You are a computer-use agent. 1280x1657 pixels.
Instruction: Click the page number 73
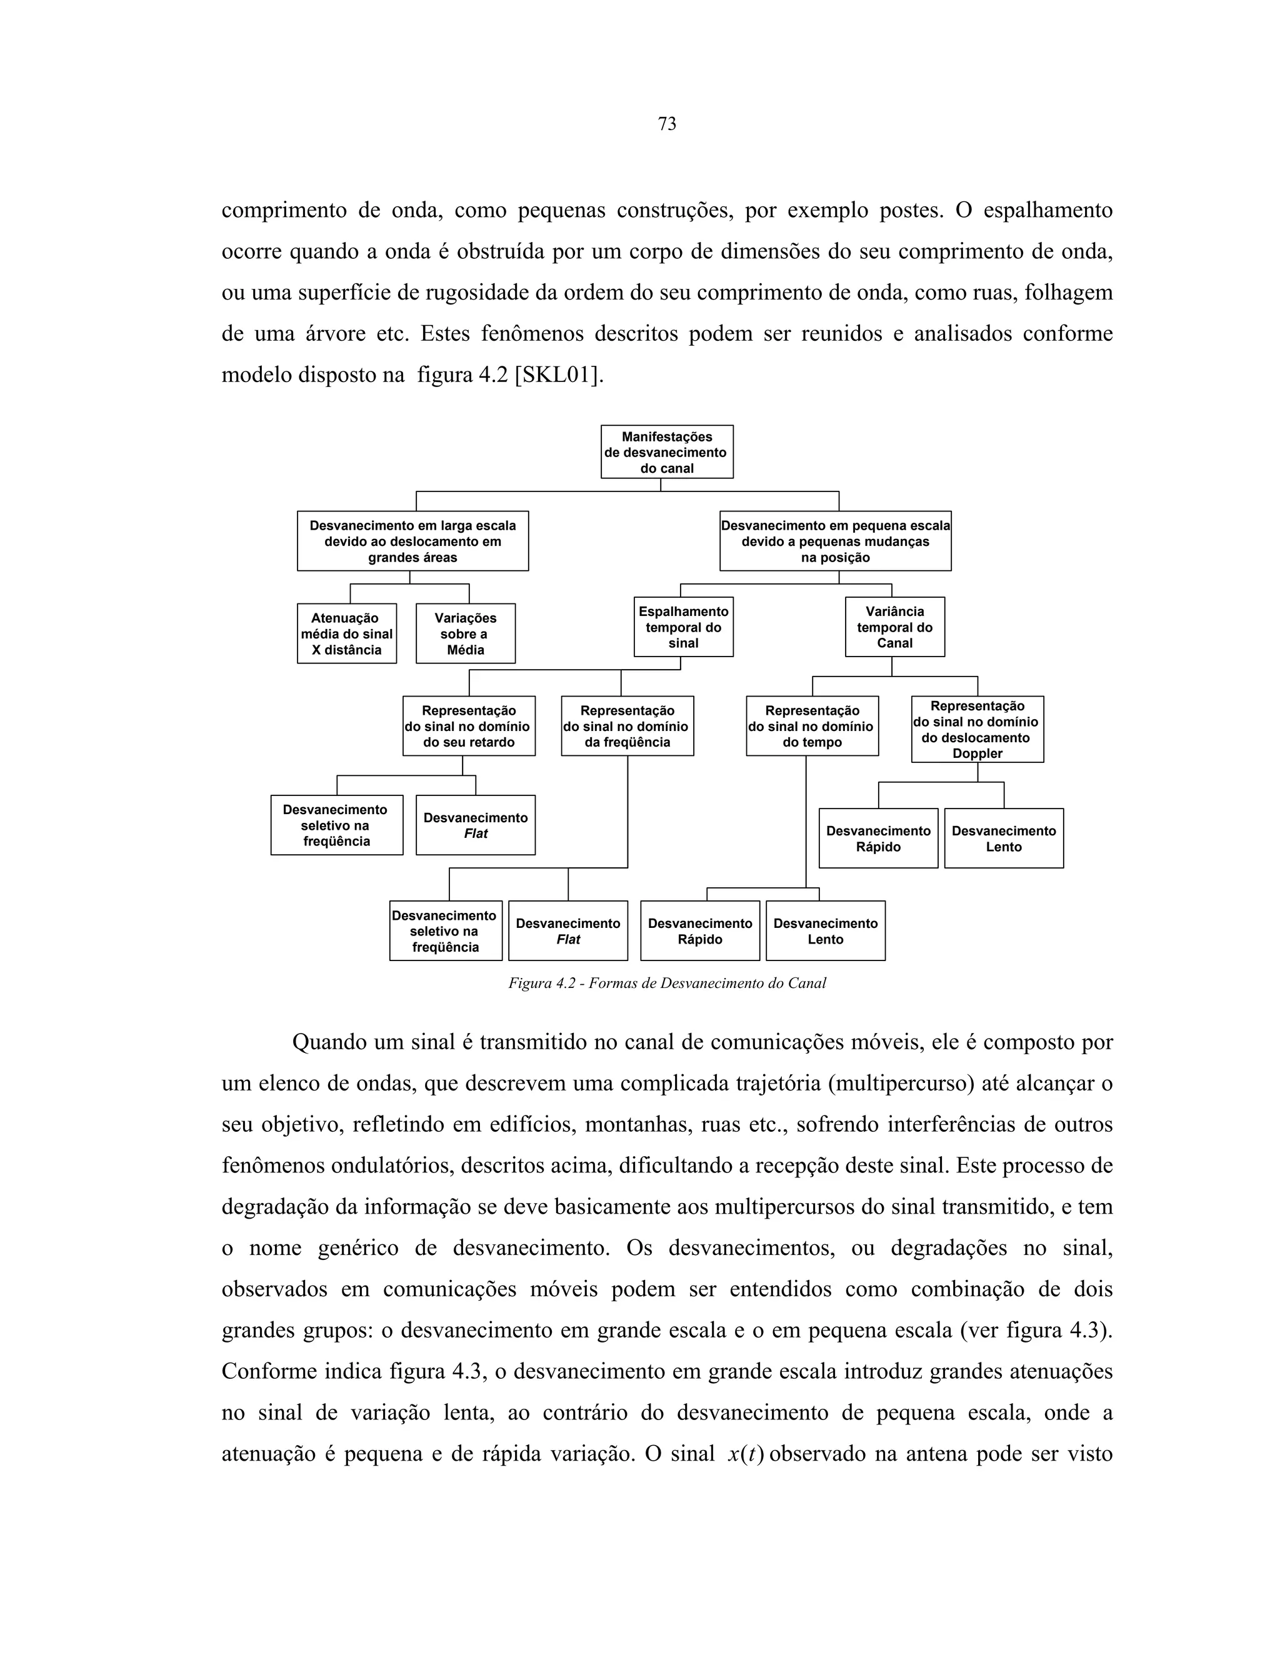tap(666, 124)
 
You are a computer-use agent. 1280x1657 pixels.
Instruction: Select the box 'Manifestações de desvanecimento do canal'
tap(666, 452)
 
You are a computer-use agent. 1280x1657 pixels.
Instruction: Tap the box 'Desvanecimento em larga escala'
tap(412, 541)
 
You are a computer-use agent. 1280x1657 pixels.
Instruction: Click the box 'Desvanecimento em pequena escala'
tap(835, 541)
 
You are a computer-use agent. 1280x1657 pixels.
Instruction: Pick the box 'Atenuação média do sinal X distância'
tap(346, 633)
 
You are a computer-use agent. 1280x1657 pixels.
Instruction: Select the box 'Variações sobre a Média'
tap(465, 633)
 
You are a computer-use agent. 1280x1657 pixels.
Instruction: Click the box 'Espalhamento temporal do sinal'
tap(683, 627)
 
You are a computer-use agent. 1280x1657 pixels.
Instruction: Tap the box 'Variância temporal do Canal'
tap(895, 627)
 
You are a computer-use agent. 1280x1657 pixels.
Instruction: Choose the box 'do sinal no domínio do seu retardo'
tap(469, 726)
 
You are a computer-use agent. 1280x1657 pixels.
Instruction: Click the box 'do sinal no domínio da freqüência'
tap(627, 726)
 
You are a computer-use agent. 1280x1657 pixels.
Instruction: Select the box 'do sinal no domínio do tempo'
tap(812, 726)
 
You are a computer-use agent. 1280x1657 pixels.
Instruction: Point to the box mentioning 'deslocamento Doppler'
tap(977, 729)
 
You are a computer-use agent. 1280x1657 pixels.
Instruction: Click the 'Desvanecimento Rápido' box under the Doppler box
tap(878, 839)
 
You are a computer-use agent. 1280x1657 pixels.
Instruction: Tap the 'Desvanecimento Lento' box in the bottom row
tap(825, 931)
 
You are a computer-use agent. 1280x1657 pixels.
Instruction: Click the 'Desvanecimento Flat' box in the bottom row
tap(568, 931)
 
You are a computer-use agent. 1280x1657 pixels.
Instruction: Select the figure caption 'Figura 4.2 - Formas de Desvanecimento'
tap(666, 984)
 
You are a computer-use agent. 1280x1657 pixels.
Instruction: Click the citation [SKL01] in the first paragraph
tap(559, 375)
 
